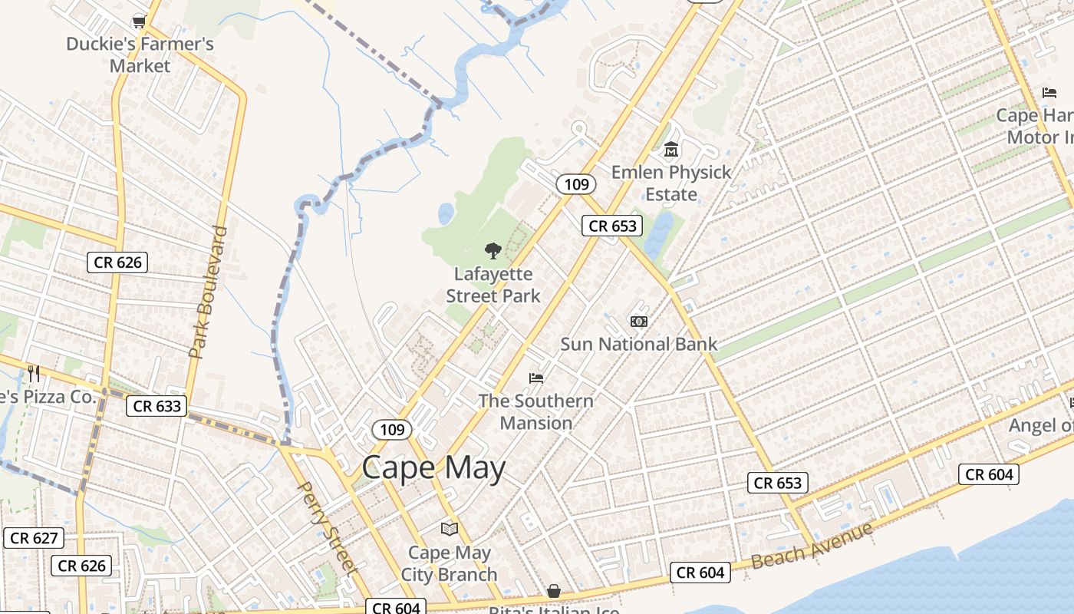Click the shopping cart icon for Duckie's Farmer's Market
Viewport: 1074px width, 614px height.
pyautogui.click(x=139, y=21)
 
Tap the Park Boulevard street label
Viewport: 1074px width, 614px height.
pyautogui.click(x=209, y=292)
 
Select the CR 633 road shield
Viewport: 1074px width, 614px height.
pyautogui.click(x=156, y=406)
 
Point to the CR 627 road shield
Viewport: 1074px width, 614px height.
pyautogui.click(x=34, y=538)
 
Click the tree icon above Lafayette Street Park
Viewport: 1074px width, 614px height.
pyautogui.click(x=493, y=251)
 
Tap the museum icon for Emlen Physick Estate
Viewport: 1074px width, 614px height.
pyautogui.click(x=671, y=149)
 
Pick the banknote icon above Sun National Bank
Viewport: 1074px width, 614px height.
pyautogui.click(x=638, y=322)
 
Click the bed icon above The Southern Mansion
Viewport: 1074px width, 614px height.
pyautogui.click(x=536, y=378)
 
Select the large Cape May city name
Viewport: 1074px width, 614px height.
pyautogui.click(x=433, y=467)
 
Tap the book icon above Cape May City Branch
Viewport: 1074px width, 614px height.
pyautogui.click(x=450, y=530)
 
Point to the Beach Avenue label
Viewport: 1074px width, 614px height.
pyautogui.click(x=812, y=545)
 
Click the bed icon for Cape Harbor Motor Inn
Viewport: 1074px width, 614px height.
pyautogui.click(x=1049, y=94)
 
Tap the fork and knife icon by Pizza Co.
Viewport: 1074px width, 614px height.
pyautogui.click(x=34, y=374)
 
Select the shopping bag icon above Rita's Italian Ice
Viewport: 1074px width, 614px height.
pyautogui.click(x=553, y=591)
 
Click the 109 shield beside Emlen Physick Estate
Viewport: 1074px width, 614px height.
pyautogui.click(x=575, y=183)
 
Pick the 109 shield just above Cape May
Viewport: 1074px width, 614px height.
pyautogui.click(x=391, y=429)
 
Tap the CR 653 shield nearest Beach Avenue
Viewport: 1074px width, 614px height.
pyautogui.click(x=777, y=483)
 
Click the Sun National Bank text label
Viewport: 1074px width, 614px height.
pyautogui.click(x=638, y=344)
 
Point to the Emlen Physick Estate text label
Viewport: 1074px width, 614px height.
pyautogui.click(x=671, y=183)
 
